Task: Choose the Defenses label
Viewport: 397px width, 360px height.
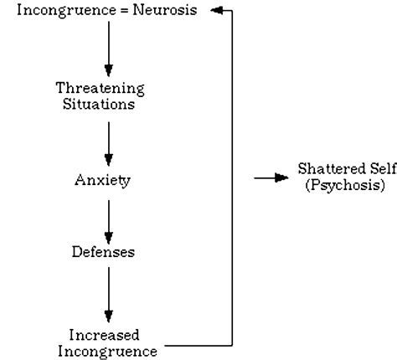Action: (x=108, y=250)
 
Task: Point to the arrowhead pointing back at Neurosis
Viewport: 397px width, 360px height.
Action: (x=215, y=10)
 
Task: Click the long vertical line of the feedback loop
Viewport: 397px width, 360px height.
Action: (x=231, y=167)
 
